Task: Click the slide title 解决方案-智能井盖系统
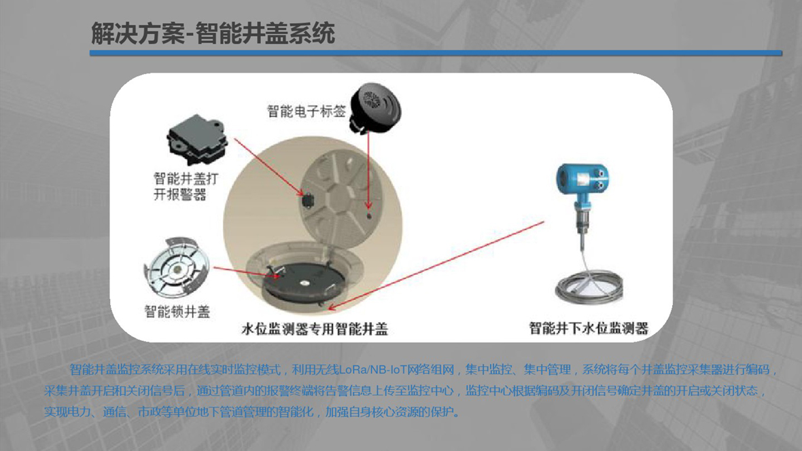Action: (x=213, y=34)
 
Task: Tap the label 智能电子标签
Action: (x=307, y=111)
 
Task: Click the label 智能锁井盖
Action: (x=177, y=311)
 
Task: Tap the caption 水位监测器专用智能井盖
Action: (x=315, y=328)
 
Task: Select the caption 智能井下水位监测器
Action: (x=589, y=328)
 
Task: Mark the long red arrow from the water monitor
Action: (x=436, y=266)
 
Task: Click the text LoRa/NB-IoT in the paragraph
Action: (x=396, y=369)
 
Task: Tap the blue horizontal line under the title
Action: (x=436, y=53)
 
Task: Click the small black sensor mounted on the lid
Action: (x=307, y=200)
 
